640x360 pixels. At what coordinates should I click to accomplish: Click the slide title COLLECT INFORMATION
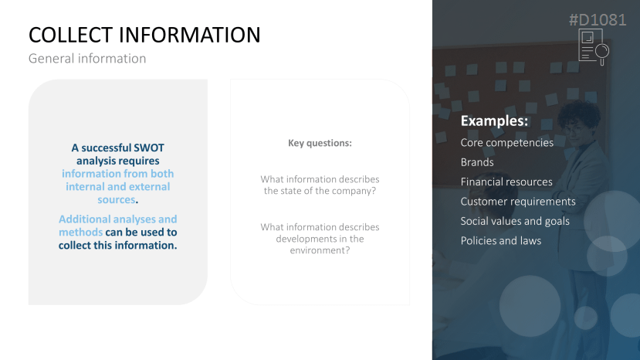(144, 35)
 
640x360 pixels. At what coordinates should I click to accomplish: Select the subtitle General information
(87, 59)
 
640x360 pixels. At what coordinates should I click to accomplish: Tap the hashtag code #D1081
(598, 19)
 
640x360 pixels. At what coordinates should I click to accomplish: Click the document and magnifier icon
(594, 46)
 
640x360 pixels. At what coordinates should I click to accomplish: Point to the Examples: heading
(494, 121)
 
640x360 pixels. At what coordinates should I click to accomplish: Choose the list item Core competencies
(507, 143)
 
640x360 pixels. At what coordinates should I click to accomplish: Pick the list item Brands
(477, 162)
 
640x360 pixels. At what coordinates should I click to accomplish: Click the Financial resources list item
(506, 182)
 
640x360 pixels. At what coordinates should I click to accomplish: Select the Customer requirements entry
(518, 202)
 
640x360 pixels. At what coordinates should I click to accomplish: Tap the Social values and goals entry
(515, 221)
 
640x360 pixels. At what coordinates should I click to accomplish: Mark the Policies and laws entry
(501, 241)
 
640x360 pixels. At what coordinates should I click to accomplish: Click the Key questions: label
(320, 143)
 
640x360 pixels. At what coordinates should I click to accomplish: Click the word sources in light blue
(117, 200)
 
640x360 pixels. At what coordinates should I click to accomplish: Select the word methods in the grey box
(80, 232)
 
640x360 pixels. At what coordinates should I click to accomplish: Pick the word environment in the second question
(318, 250)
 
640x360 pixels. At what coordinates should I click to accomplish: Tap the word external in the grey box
(150, 187)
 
